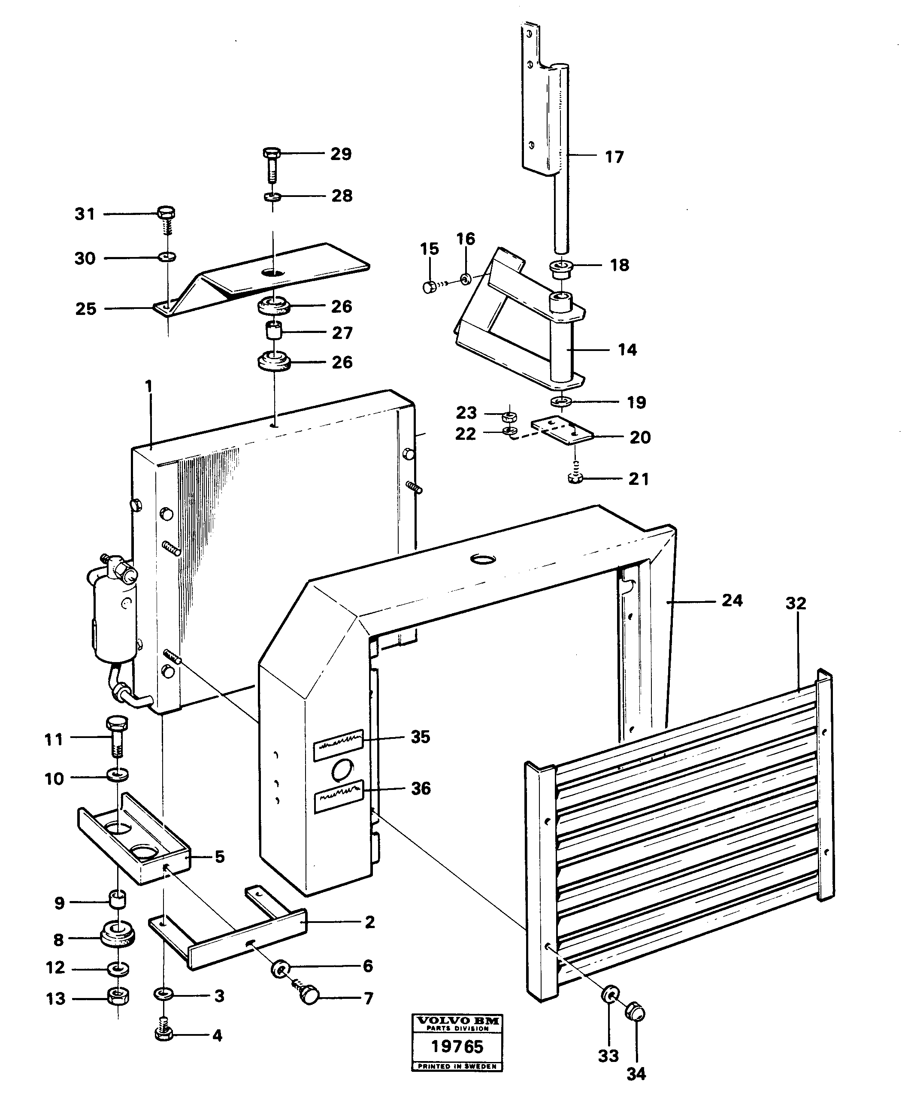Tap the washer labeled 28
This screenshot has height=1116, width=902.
coord(271,197)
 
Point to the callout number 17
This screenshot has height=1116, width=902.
coord(614,157)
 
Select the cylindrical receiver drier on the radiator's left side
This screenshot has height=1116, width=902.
coord(114,618)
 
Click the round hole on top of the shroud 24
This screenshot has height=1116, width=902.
coord(482,560)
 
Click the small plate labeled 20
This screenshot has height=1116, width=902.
coord(562,431)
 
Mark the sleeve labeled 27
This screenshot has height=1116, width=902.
coord(274,330)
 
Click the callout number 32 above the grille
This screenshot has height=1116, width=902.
coord(796,603)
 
